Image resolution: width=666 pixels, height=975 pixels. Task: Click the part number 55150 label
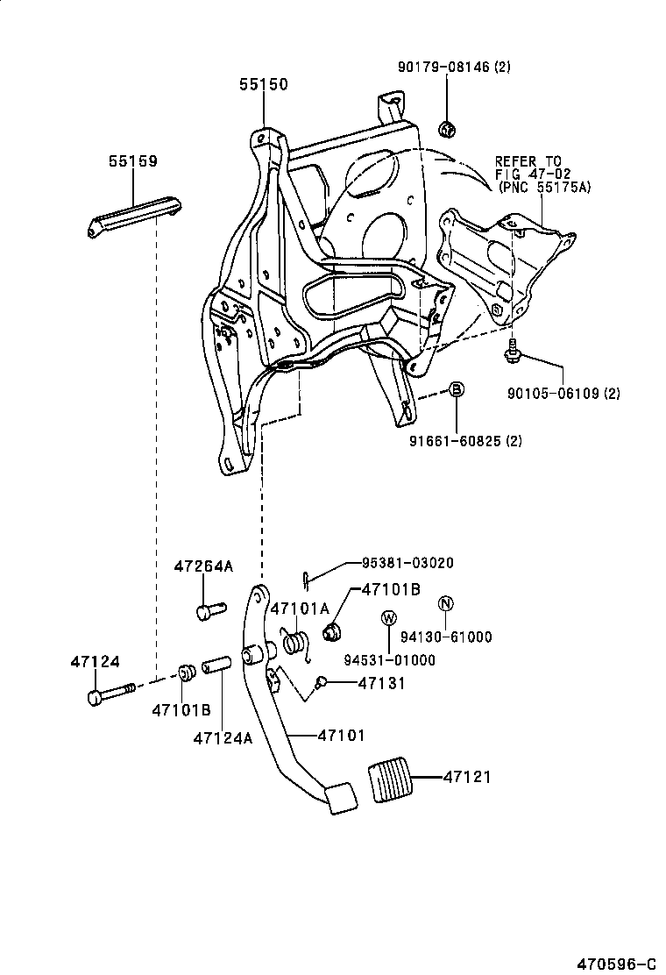point(263,85)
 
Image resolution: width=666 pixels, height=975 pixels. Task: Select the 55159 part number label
point(132,161)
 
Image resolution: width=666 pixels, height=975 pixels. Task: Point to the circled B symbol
point(457,390)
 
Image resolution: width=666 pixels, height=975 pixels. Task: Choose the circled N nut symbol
point(445,603)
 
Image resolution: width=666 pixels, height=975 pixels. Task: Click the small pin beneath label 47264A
point(209,608)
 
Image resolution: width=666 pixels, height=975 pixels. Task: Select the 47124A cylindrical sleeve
point(217,666)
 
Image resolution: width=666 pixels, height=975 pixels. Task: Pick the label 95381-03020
point(408,563)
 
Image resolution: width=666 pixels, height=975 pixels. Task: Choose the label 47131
point(381,682)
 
